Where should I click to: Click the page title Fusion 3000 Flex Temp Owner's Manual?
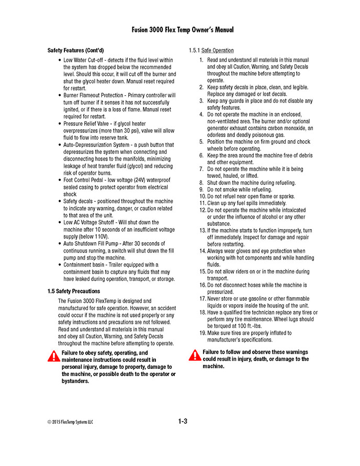[183, 30]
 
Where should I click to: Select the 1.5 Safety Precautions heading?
[73, 291]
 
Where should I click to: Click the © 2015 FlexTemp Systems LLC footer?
[70, 422]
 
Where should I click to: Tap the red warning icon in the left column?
[54, 357]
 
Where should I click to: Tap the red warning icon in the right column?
[195, 356]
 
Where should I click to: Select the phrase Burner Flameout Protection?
[95, 96]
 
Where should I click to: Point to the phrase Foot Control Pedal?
[85, 180]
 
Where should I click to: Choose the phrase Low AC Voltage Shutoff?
[89, 222]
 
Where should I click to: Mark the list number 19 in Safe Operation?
[203, 333]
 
